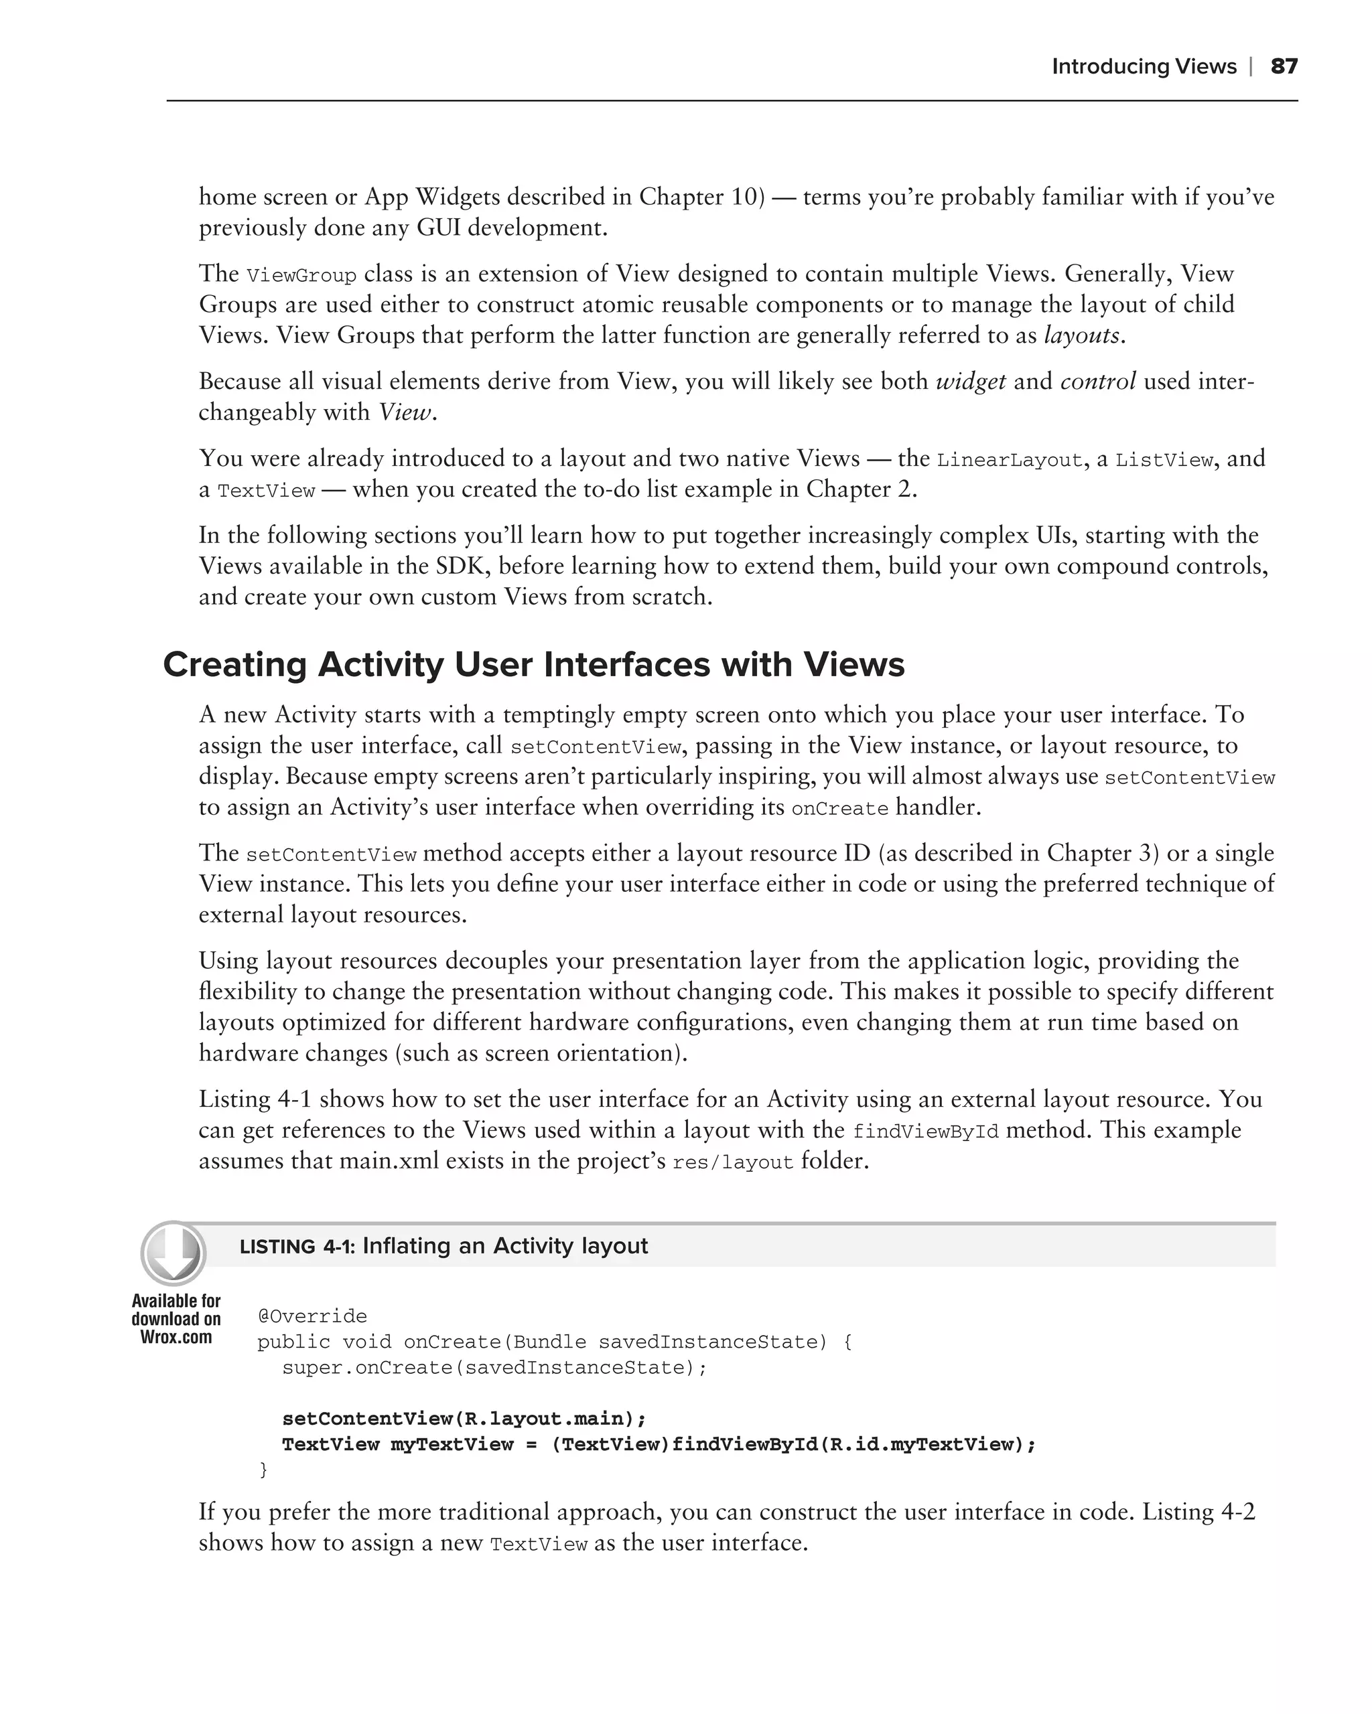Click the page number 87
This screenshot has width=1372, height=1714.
point(1284,66)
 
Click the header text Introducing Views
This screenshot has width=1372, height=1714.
point(1144,66)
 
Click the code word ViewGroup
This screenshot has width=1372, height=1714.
point(301,276)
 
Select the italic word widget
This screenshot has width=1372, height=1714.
point(970,382)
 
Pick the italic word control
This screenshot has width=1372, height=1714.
point(1097,382)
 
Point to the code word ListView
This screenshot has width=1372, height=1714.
point(1164,460)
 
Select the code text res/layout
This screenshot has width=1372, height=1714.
point(732,1162)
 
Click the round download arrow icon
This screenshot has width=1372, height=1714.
point(173,1254)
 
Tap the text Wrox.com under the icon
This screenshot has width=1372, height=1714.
point(176,1337)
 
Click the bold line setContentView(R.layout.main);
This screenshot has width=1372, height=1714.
point(464,1419)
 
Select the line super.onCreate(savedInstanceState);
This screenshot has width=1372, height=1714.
point(494,1367)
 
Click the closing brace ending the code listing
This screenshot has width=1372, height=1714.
point(264,1470)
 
